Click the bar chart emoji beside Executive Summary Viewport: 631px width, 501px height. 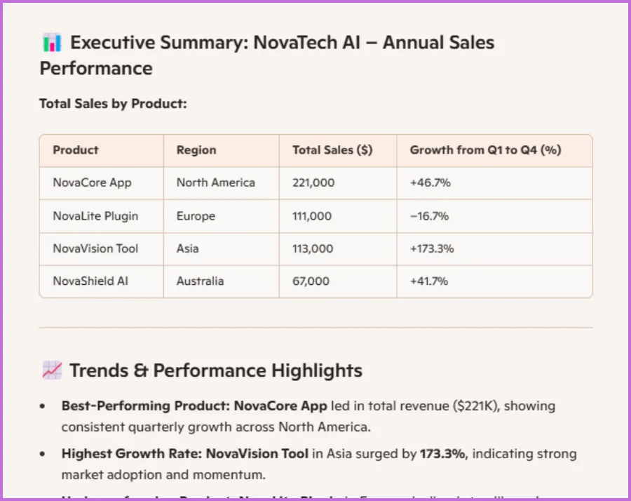52,43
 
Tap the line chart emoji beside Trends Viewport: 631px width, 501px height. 52,370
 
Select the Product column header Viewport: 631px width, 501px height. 76,150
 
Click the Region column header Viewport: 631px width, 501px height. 196,150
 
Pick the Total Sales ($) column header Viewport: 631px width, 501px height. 332,150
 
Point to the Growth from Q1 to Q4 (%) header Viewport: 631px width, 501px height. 485,150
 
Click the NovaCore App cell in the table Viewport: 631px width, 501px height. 92,183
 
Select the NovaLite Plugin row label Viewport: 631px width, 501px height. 95,216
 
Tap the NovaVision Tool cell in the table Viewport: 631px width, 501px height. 95,248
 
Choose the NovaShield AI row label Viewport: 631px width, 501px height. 90,281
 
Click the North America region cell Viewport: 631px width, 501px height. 216,183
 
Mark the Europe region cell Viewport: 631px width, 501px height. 196,216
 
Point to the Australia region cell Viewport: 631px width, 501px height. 200,281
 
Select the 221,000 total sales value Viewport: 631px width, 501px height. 313,183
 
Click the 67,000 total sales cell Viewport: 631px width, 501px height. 311,281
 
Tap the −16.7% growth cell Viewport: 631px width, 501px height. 430,216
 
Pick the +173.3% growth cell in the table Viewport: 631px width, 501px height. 432,248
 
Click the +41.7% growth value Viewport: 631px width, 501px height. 429,281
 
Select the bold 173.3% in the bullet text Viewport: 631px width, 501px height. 442,454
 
